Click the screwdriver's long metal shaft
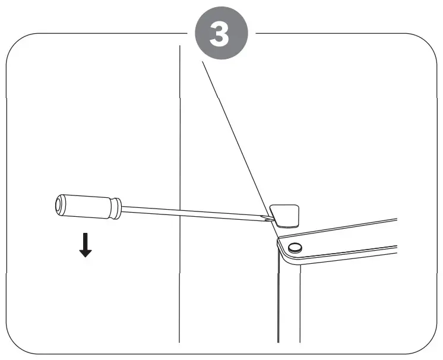[x=190, y=213]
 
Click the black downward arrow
[x=86, y=245]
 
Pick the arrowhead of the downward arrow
[x=86, y=252]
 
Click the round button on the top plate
[x=294, y=247]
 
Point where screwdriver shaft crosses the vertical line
[x=179, y=212]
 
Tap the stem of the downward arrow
[x=86, y=239]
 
